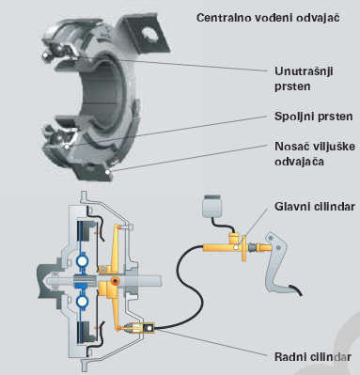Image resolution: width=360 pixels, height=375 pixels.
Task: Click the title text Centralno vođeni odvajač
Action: pyautogui.click(x=268, y=18)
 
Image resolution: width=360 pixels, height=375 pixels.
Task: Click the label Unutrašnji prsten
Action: pyautogui.click(x=304, y=79)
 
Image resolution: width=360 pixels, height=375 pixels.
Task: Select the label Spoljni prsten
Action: pyautogui.click(x=313, y=117)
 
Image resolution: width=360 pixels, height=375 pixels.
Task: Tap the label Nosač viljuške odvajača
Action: pyautogui.click(x=315, y=154)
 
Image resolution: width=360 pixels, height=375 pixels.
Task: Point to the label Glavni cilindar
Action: pyautogui.click(x=315, y=207)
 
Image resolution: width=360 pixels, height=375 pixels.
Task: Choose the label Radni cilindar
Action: pyautogui.click(x=313, y=357)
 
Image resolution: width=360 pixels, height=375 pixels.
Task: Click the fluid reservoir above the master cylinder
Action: pyautogui.click(x=212, y=207)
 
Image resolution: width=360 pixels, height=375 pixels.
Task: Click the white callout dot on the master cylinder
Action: pyautogui.click(x=236, y=247)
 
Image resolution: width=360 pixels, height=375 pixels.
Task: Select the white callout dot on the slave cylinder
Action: pyautogui.click(x=149, y=328)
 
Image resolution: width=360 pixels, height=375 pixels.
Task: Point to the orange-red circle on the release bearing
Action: pyautogui.click(x=116, y=281)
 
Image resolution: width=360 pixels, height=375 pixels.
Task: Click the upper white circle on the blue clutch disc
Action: pyautogui.click(x=82, y=261)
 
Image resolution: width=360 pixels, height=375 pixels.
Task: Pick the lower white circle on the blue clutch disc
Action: pyautogui.click(x=82, y=301)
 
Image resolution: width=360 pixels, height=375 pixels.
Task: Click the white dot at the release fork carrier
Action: pyautogui.click(x=107, y=172)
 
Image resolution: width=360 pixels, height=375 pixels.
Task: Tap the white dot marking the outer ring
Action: pyautogui.click(x=67, y=147)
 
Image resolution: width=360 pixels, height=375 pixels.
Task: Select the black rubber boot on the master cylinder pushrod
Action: pyautogui.click(x=253, y=248)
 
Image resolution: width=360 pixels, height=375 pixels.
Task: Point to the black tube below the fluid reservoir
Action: pyautogui.click(x=220, y=226)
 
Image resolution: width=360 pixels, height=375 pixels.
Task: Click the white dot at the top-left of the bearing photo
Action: pyautogui.click(x=45, y=55)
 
